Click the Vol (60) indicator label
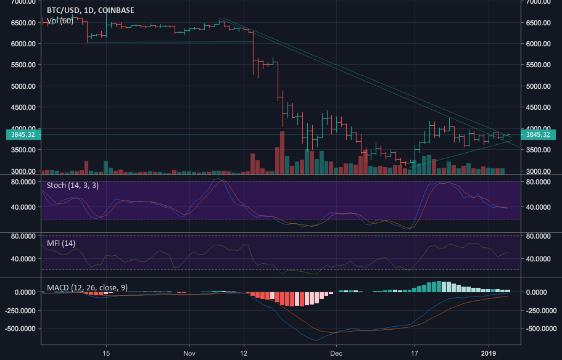(60, 21)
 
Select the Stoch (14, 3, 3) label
(73, 184)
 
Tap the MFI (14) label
(61, 243)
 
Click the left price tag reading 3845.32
(20, 134)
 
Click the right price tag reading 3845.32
(542, 134)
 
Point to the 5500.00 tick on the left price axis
(20, 65)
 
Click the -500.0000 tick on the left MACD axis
(20, 329)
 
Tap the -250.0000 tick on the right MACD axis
(541, 310)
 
